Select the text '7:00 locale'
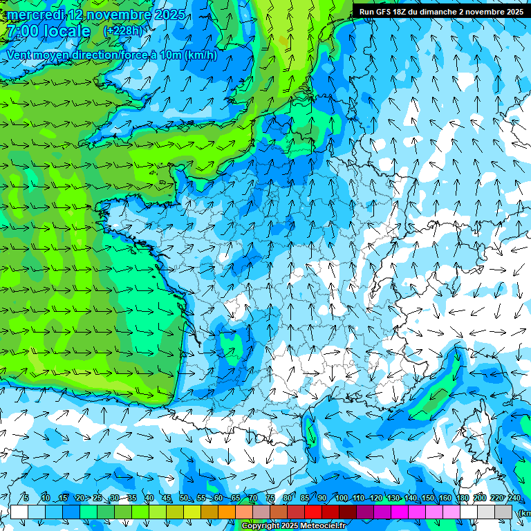[48, 32]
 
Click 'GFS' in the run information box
[389, 12]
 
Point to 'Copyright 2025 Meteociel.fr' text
[292, 525]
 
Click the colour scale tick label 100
[341, 499]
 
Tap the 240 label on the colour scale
[514, 499]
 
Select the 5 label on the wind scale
[26, 499]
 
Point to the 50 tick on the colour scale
[184, 499]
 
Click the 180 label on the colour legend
[462, 499]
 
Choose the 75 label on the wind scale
[270, 499]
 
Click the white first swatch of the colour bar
[19, 512]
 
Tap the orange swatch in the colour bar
[227, 512]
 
